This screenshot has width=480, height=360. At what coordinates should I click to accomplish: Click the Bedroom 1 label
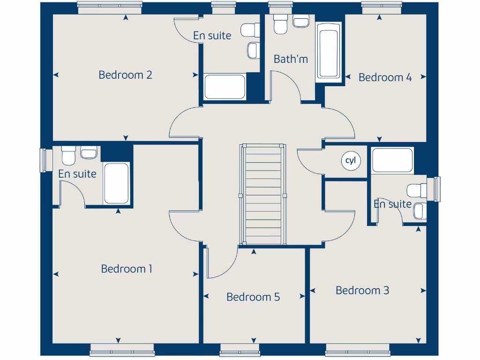127,269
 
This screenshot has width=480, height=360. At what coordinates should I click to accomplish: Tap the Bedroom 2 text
125,75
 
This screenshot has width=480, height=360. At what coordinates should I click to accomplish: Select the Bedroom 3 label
362,290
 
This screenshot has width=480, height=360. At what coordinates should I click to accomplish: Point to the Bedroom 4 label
385,77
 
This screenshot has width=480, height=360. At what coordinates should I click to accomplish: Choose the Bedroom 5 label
253,297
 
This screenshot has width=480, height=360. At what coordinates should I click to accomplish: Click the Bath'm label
291,59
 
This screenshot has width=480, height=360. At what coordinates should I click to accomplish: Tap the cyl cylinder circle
351,161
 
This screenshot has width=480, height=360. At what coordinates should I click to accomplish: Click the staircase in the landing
262,194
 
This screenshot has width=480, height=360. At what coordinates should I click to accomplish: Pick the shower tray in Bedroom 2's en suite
225,87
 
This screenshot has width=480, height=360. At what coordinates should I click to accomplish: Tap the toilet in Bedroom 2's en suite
250,30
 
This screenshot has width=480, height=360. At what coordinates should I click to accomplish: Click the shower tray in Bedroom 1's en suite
116,183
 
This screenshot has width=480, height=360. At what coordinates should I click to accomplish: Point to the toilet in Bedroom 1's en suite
68,156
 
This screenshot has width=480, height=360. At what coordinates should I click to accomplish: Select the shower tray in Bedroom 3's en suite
392,160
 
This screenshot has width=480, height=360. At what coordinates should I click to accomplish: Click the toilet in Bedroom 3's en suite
417,190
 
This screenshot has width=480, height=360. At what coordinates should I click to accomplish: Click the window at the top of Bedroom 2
110,6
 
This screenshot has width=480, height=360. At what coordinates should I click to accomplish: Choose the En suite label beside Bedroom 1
77,174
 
